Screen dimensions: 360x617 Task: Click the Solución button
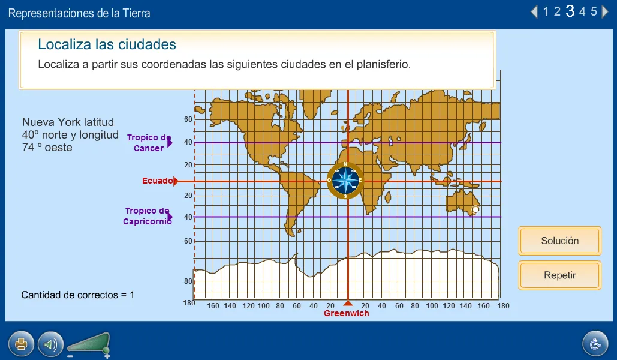[x=559, y=241]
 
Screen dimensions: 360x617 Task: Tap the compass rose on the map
[x=345, y=180]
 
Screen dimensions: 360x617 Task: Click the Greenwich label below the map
[x=347, y=313]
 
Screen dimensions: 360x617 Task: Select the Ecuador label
[x=158, y=181]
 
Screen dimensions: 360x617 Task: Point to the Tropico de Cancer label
[x=149, y=143]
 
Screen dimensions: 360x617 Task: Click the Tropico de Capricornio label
[x=148, y=216]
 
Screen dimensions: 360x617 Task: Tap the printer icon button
[x=21, y=344]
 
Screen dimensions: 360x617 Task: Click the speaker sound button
[x=50, y=344]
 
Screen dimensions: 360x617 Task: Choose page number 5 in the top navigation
[x=594, y=11]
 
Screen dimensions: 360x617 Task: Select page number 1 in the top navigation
[x=546, y=11]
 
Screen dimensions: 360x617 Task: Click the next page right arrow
[x=606, y=11]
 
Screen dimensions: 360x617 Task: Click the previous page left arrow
[x=534, y=11]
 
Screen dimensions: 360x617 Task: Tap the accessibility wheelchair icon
[x=595, y=344]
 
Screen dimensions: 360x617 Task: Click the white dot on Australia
[x=475, y=209]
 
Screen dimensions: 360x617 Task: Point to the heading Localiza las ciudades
[x=107, y=44]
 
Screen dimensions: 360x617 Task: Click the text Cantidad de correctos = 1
[x=78, y=295]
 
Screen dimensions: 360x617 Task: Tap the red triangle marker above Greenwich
[x=348, y=303]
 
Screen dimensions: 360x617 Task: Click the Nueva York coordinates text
[x=70, y=135]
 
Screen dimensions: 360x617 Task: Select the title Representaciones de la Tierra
[x=79, y=13]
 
